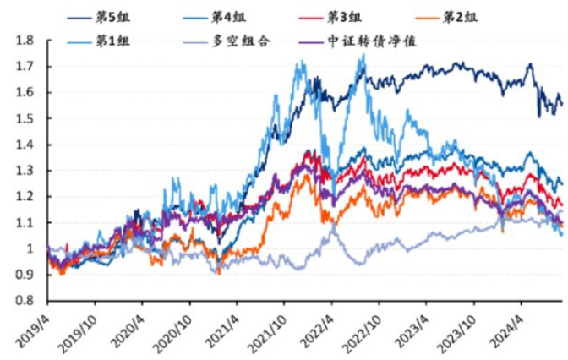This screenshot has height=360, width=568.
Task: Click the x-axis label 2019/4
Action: [30, 325]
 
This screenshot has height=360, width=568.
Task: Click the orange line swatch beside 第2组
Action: [430, 15]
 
